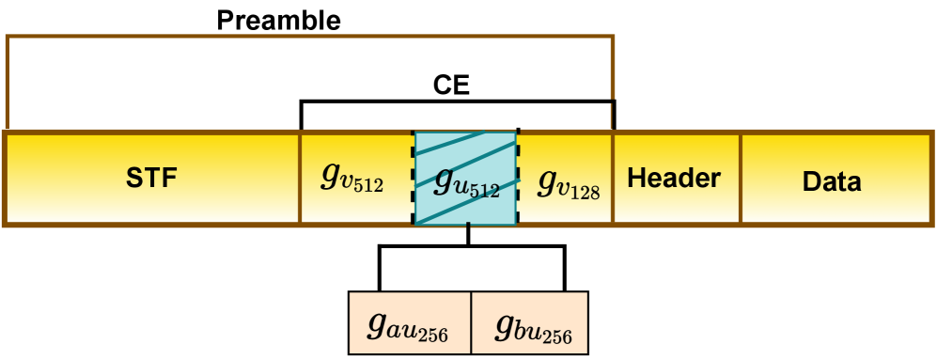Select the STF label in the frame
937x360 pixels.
coord(152,178)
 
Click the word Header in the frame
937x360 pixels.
coord(674,178)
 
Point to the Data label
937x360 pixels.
coord(832,180)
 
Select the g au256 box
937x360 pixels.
coord(409,321)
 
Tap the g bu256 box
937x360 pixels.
coord(529,321)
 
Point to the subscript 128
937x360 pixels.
coord(584,191)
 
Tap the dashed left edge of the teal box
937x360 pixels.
coord(414,178)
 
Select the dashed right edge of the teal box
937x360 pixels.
coord(518,178)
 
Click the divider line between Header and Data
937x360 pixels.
coord(741,178)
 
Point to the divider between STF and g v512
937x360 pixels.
coord(300,178)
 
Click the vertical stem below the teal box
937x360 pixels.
coord(468,235)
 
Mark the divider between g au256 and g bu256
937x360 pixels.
coord(470,321)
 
